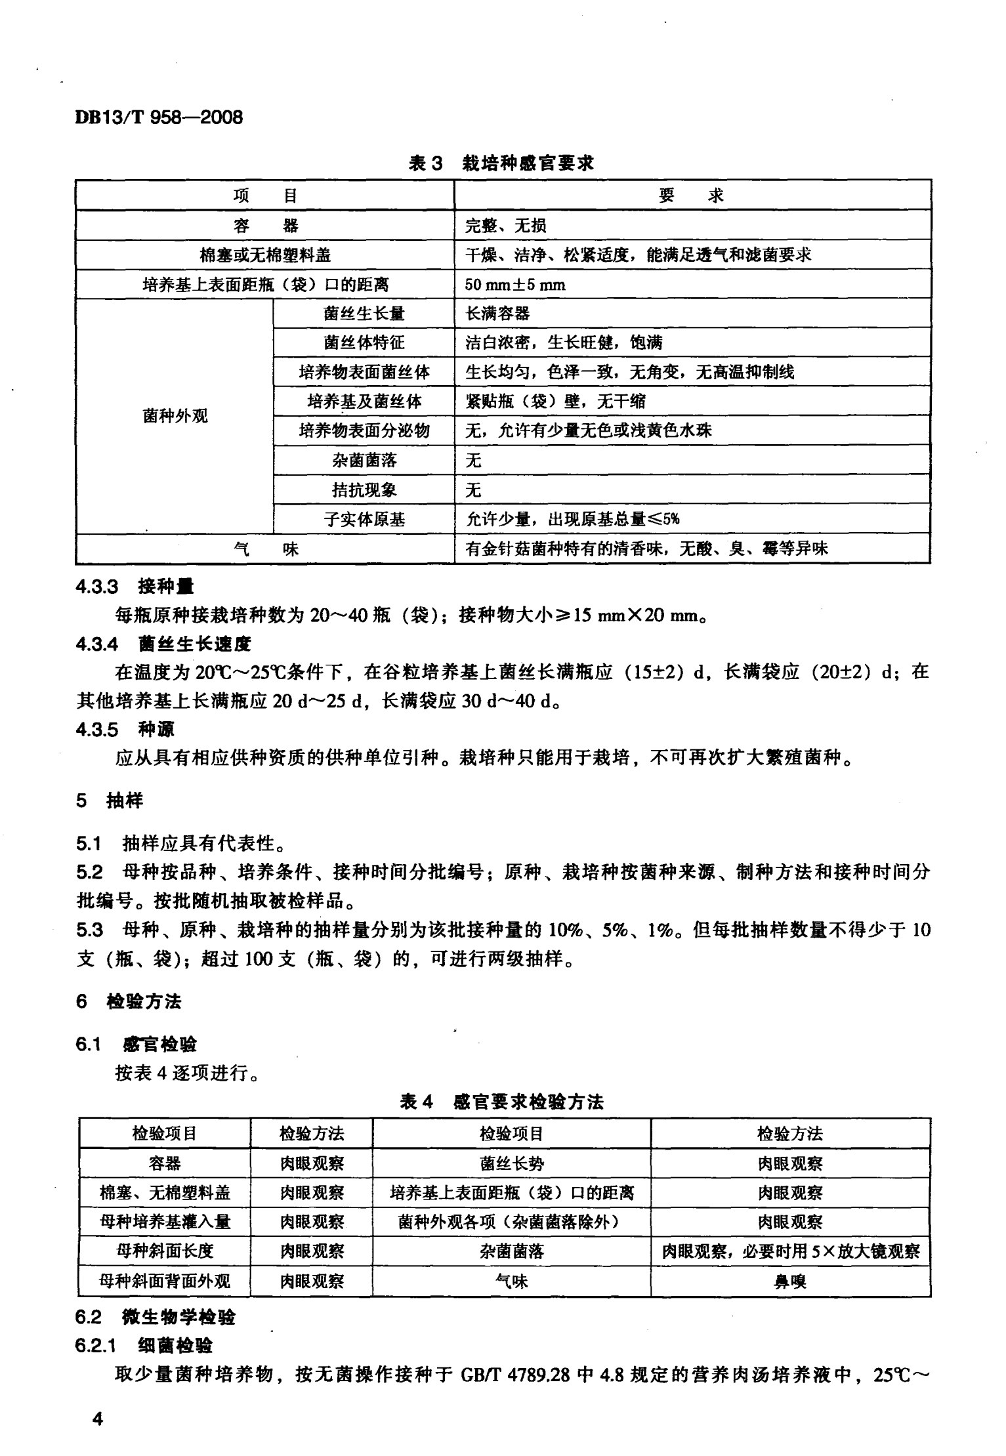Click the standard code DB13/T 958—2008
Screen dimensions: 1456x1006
159,117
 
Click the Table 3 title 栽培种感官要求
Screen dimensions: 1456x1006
501,163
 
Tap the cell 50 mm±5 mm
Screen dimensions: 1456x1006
515,285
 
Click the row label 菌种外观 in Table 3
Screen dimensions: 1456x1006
175,416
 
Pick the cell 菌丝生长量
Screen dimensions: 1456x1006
364,314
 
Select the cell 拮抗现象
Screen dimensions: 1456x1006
364,490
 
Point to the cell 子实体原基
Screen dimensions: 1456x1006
364,520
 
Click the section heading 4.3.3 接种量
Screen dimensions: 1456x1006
135,586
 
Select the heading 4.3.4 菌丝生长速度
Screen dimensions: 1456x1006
163,644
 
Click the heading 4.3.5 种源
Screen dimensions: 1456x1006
125,729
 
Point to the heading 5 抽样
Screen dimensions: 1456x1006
109,801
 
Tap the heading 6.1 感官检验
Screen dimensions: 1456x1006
136,1043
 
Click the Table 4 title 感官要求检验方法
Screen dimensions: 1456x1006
501,1102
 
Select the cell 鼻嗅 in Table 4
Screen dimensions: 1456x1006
790,1281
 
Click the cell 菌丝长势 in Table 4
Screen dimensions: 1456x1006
511,1163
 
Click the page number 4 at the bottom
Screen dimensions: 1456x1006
98,1419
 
